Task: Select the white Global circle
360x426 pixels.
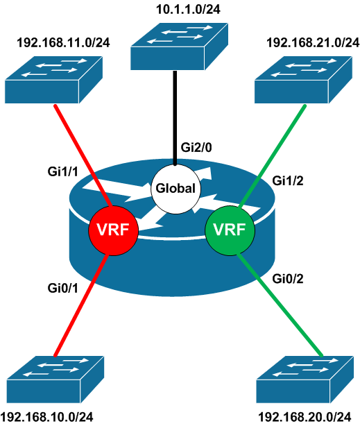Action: pyautogui.click(x=175, y=187)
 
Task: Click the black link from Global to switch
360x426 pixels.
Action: pyautogui.click(x=175, y=118)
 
